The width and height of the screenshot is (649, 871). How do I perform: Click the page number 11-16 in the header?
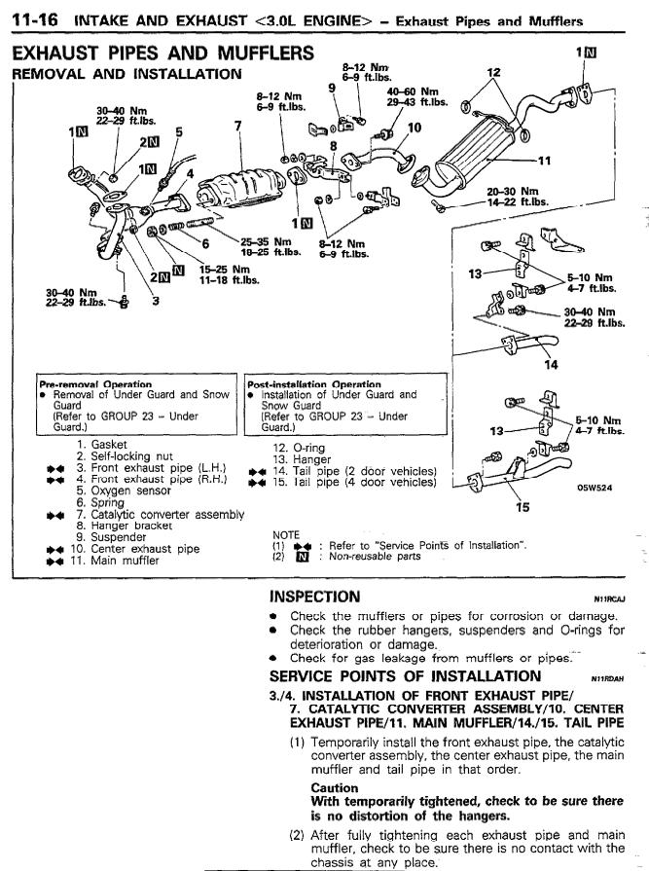(x=38, y=21)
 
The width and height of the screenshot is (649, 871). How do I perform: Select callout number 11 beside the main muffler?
(x=545, y=162)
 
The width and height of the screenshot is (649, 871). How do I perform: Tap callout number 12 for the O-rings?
(x=493, y=72)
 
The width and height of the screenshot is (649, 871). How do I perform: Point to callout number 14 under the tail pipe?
(x=551, y=365)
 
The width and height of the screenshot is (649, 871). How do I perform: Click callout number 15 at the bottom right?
(x=523, y=507)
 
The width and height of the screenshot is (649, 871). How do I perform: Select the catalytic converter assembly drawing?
(x=241, y=186)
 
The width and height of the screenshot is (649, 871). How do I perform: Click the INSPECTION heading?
(x=315, y=598)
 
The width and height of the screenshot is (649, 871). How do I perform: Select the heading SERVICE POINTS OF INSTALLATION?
(x=406, y=676)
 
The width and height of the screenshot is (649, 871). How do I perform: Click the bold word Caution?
(x=335, y=787)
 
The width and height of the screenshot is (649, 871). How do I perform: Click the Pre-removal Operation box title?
(x=95, y=384)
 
